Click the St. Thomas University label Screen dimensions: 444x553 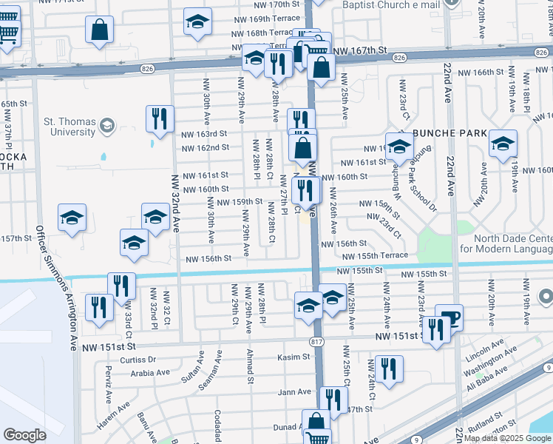click(x=69, y=127)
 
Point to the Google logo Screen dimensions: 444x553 click(x=24, y=435)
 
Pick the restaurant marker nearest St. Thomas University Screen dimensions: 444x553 click(x=160, y=118)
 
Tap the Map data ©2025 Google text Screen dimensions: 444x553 click(x=508, y=438)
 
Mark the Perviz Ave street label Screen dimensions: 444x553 click(x=109, y=383)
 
